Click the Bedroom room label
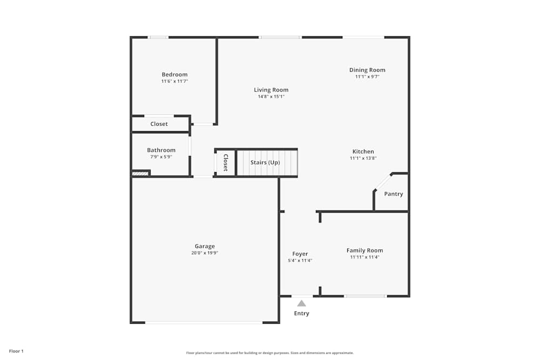174,74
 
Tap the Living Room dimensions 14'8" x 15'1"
271,97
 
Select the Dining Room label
367,70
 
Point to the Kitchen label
363,152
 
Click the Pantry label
393,194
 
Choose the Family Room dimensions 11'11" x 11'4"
364,257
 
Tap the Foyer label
300,254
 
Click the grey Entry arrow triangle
301,303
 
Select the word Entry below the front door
301,314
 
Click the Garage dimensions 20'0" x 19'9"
205,253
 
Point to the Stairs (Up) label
265,162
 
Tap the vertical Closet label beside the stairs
226,162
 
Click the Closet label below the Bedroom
159,124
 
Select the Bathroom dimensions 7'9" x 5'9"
161,157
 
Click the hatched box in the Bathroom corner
140,174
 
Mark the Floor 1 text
16,351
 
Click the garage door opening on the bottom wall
204,322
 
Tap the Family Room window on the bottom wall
366,296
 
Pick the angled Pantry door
383,182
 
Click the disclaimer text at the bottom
270,353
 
